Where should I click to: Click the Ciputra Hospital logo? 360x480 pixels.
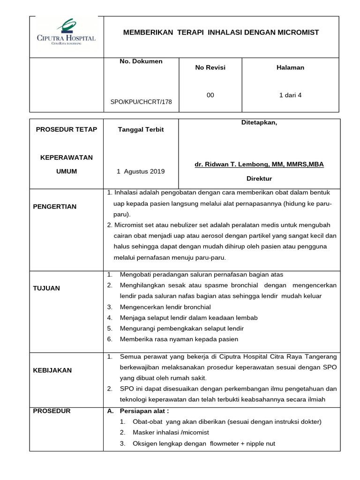(x=66, y=32)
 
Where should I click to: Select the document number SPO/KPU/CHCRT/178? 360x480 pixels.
(x=141, y=102)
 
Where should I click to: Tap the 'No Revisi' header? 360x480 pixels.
(x=210, y=67)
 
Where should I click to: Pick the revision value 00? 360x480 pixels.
(x=210, y=95)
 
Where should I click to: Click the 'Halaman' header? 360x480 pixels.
(x=290, y=67)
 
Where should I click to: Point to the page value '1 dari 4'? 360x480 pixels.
(x=290, y=95)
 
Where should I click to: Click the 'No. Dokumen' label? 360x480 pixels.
(x=141, y=61)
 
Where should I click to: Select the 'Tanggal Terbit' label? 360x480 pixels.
(x=141, y=130)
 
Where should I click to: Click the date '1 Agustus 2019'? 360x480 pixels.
(x=141, y=172)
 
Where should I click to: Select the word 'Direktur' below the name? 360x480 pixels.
(x=259, y=179)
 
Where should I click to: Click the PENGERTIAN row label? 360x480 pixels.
(x=54, y=207)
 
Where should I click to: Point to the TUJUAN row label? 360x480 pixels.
(x=46, y=288)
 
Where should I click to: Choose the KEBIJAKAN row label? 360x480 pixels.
(x=52, y=370)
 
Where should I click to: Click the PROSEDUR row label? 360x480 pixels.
(x=52, y=411)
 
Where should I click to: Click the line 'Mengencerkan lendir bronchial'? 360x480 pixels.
(x=165, y=307)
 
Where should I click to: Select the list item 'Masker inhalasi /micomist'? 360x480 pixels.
(x=171, y=432)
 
